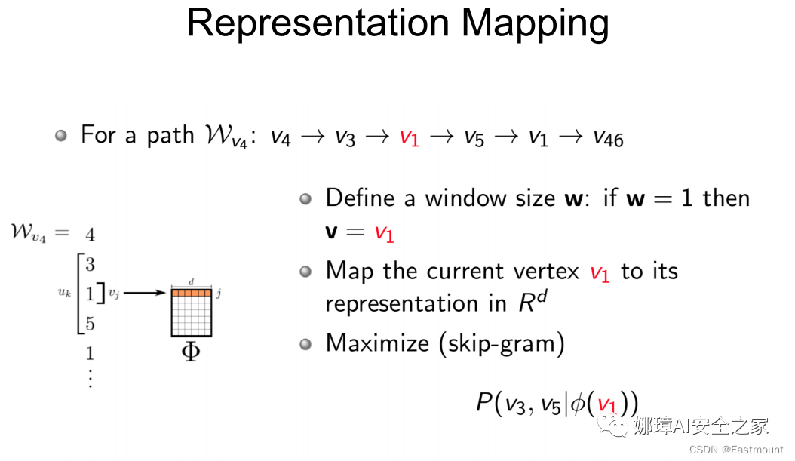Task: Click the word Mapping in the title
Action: click(535, 24)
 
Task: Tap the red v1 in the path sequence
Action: click(409, 137)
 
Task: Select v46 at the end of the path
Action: click(608, 137)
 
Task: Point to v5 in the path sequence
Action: click(474, 137)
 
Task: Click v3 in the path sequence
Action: click(345, 137)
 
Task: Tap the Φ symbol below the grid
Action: click(191, 352)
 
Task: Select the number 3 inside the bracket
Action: click(90, 264)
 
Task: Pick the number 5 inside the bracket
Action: click(90, 324)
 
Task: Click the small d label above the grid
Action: click(191, 281)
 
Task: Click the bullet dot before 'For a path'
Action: click(62, 136)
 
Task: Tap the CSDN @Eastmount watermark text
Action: click(736, 450)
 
